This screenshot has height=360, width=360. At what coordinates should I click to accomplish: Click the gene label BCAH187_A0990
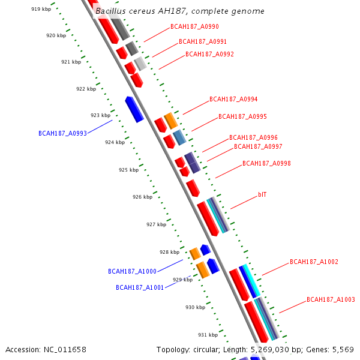194,27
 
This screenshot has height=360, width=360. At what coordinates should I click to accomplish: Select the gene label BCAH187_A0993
62,133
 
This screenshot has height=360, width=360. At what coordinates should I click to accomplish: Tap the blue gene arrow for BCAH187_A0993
134,109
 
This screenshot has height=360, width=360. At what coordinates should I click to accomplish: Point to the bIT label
262,195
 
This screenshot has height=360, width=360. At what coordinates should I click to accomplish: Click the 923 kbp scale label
100,115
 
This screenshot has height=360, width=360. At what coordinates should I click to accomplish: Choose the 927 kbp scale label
156,224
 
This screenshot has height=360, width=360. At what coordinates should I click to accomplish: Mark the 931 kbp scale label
208,335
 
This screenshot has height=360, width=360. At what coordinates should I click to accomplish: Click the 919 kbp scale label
41,9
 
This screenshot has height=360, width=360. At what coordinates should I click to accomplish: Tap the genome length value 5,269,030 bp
289,349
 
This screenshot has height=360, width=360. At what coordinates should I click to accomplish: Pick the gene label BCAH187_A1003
331,299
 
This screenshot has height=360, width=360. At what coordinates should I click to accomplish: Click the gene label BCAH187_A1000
132,271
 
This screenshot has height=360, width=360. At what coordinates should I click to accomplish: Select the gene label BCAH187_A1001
140,287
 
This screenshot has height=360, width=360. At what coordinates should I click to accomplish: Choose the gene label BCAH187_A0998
266,163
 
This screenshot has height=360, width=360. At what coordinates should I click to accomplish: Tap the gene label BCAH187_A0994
233,100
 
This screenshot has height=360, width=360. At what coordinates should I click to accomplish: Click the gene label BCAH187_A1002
314,262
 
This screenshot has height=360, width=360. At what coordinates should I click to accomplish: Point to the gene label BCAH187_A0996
253,138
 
